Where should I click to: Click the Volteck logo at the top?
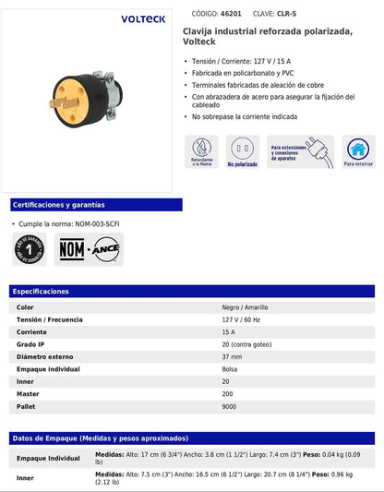point(143,18)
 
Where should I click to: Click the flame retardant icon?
point(201,151)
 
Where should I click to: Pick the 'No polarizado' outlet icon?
point(242,151)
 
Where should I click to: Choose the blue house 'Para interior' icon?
point(357,151)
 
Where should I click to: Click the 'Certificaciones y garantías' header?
point(59,204)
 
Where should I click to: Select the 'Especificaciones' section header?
point(42,291)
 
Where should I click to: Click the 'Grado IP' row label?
point(32,343)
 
